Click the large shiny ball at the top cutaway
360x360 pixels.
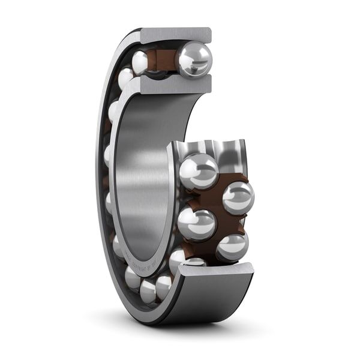click(x=194, y=60)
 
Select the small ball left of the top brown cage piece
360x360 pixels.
click(x=140, y=62)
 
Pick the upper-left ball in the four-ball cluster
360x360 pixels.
click(x=199, y=171)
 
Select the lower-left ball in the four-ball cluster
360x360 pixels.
click(x=196, y=224)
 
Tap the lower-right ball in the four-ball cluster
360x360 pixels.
click(x=232, y=246)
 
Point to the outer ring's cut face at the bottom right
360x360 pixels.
click(x=216, y=271)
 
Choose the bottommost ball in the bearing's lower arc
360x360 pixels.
click(x=148, y=292)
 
